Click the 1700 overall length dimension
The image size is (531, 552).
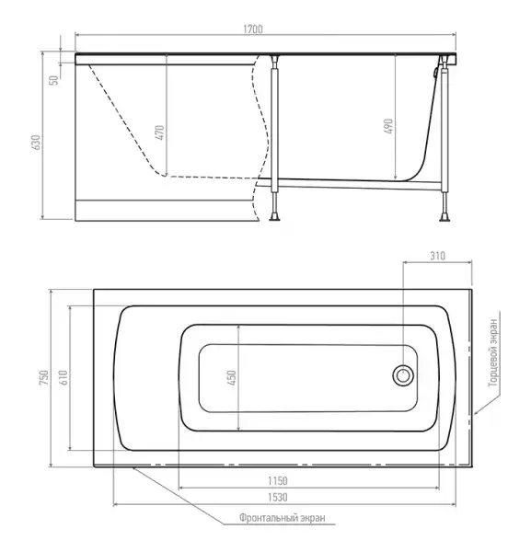point(253,29)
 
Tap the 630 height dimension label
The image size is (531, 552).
point(37,143)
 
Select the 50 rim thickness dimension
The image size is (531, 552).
point(53,80)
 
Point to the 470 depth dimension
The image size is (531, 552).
point(159,132)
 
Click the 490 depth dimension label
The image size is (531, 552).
point(388,126)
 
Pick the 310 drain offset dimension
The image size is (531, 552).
point(437,256)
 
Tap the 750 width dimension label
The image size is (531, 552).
point(44,377)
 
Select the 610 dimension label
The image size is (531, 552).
point(63,377)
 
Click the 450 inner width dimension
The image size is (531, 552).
point(232,377)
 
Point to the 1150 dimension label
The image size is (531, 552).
point(278,480)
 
